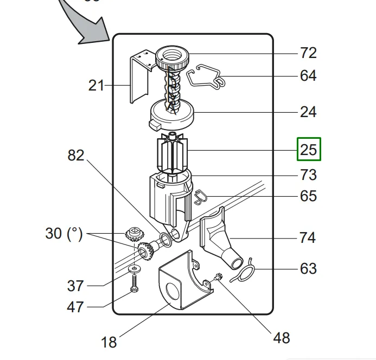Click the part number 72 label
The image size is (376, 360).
coord(308,53)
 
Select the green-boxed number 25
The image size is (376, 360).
coord(309,149)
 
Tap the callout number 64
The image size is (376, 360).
coord(308,76)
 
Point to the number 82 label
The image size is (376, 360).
coord(76,155)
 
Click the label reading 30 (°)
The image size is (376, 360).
coord(64,234)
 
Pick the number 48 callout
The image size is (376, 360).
coord(282,338)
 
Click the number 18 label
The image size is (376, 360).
coord(109,342)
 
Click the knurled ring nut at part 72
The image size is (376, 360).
coord(172,58)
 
